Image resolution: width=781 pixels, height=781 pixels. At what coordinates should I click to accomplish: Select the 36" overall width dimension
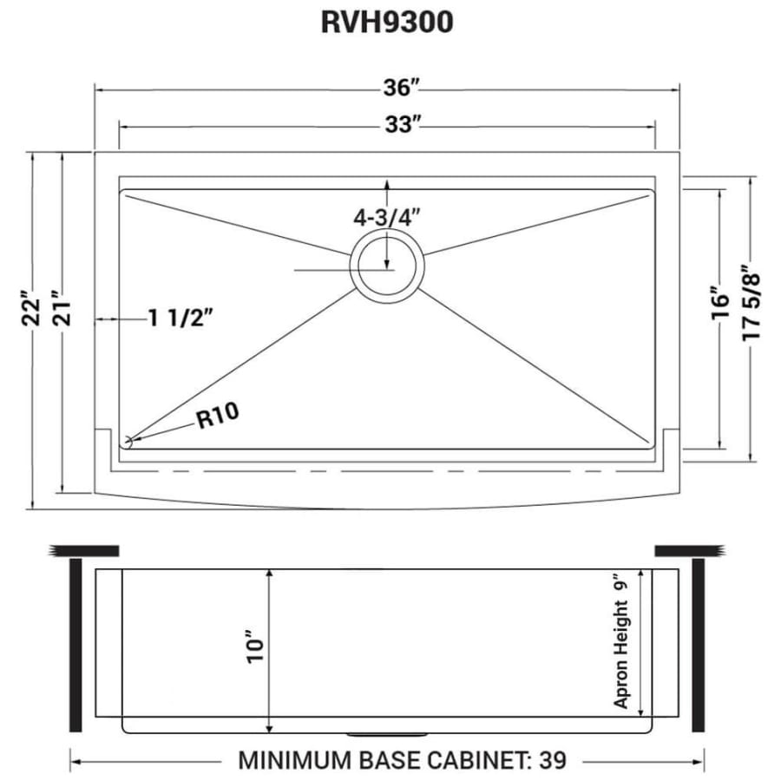point(399,89)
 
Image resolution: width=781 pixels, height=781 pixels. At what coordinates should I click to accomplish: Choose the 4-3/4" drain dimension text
point(387,218)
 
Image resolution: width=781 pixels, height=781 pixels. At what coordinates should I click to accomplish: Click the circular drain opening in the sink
point(387,266)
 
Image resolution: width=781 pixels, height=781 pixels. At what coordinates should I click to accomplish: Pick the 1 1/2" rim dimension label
point(180,319)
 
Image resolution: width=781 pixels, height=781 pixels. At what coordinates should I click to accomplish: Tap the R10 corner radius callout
point(218,419)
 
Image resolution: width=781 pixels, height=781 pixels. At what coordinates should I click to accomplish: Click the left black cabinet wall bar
point(75,646)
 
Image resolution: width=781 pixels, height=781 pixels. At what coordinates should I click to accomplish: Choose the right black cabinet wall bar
point(699,646)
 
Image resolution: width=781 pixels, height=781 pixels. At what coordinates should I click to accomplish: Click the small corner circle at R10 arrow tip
point(128,442)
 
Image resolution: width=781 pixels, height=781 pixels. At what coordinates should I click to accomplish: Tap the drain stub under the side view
point(387,733)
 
